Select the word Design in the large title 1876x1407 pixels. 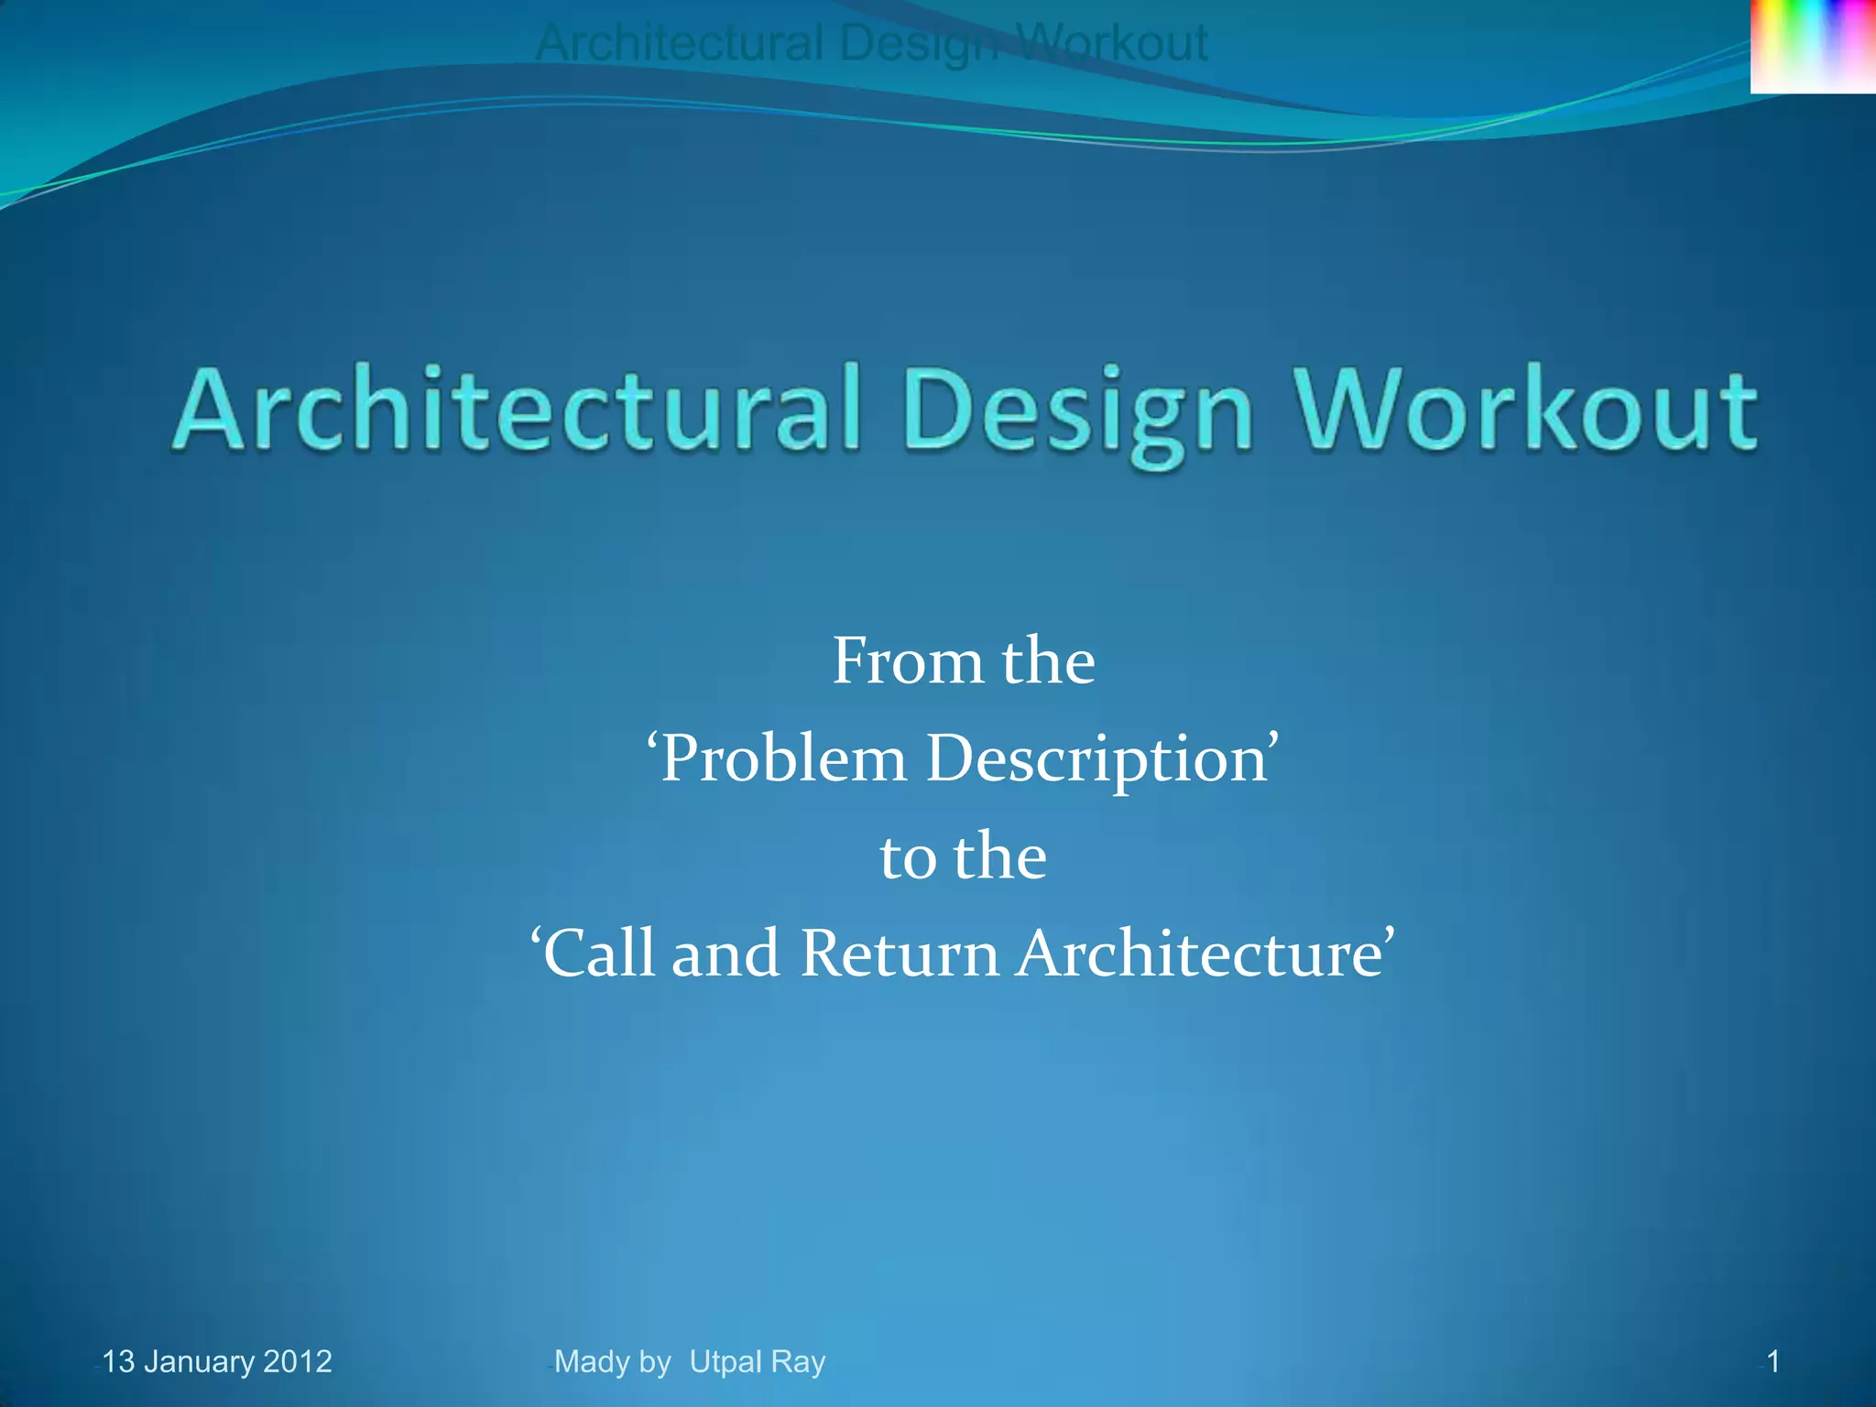pos(1076,411)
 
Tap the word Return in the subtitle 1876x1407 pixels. pos(900,954)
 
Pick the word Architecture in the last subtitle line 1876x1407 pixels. pos(1205,954)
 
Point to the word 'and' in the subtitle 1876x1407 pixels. pos(725,954)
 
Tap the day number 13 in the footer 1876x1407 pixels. pos(118,1361)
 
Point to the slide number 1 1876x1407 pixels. pos(1773,1361)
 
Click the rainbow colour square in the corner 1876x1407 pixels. pos(1813,46)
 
